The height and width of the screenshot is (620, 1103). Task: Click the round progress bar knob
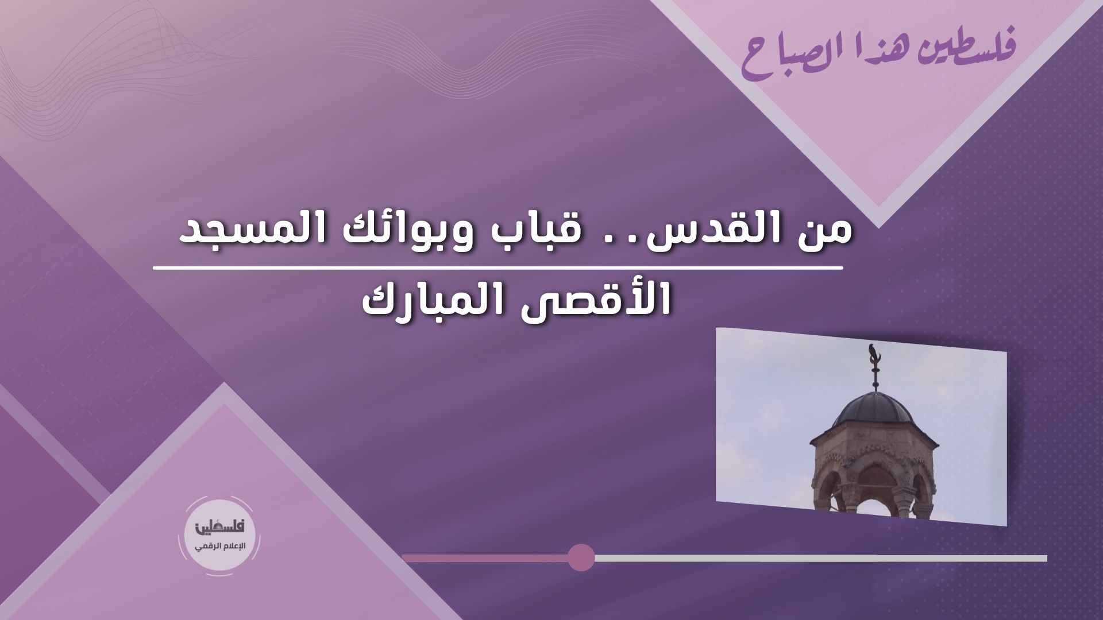(581, 557)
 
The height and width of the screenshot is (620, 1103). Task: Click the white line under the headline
(499, 268)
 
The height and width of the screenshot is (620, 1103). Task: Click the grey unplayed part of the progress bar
(821, 558)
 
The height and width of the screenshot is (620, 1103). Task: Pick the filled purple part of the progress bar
(485, 558)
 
